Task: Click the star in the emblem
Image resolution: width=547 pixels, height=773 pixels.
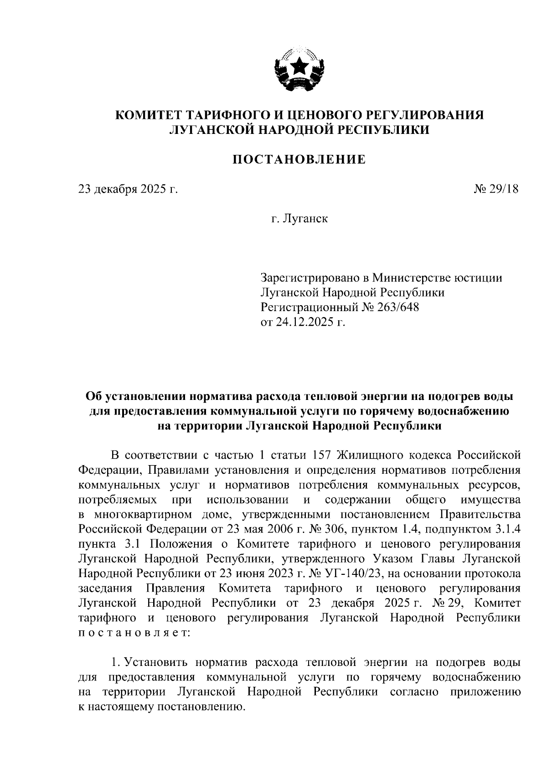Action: point(299,67)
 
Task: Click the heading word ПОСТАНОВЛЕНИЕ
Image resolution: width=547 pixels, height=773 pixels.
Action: point(299,160)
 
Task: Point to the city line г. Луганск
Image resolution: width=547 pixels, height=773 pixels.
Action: point(299,219)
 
